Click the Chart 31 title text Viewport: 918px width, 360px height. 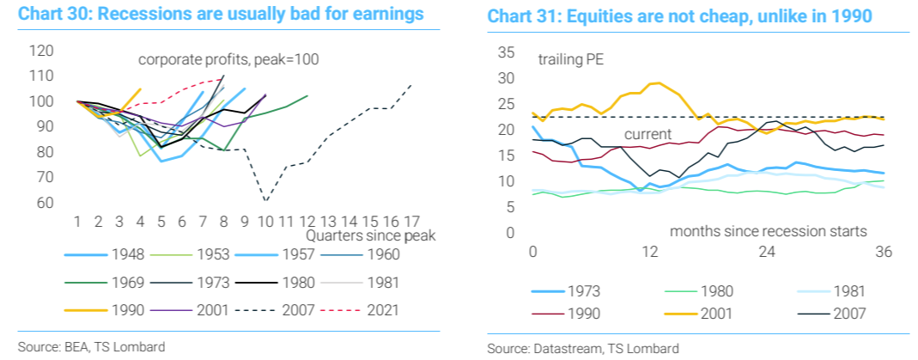pos(667,17)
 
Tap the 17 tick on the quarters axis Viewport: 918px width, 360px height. pos(412,222)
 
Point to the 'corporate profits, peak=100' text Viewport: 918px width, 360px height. pos(228,59)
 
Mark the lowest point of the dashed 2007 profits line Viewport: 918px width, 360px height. pos(266,201)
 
